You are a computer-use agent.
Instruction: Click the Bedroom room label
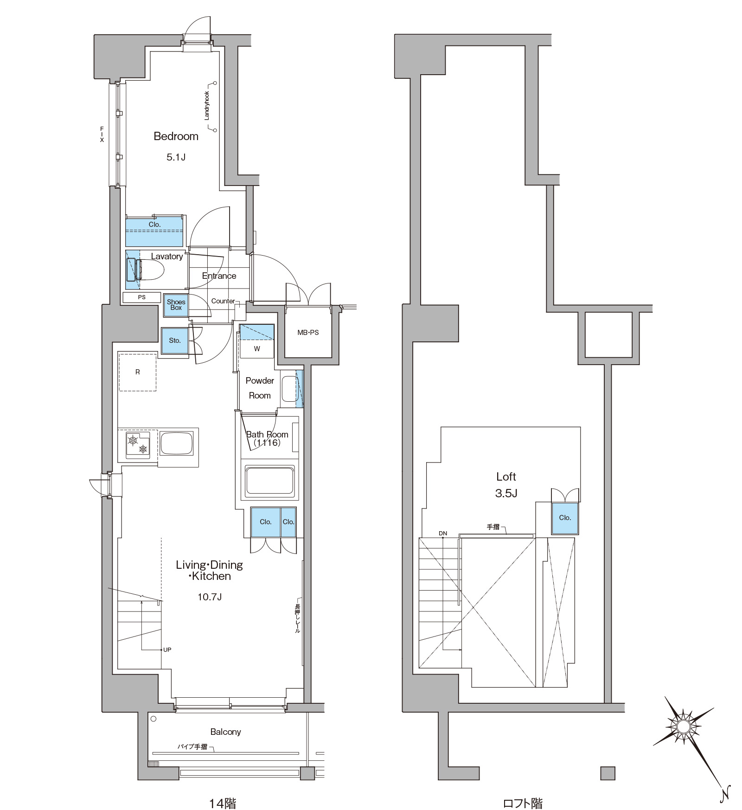tap(176, 136)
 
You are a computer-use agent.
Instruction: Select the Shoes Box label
tap(176, 305)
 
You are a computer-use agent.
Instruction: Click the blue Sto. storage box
tap(175, 341)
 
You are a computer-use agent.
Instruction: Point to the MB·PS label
tap(308, 333)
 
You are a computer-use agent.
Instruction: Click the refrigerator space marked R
tap(137, 372)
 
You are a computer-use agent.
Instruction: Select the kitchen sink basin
tap(176, 444)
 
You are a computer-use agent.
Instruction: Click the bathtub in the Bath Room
tap(269, 481)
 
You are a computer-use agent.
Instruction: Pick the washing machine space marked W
tap(257, 348)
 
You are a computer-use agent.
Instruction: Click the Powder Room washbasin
tap(289, 389)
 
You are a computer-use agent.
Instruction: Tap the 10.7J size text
tap(210, 597)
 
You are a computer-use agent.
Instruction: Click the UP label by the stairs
tap(167, 650)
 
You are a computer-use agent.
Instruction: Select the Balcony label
tap(225, 732)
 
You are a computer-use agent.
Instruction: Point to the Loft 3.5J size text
tap(506, 493)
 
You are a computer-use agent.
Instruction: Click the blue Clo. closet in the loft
tap(565, 518)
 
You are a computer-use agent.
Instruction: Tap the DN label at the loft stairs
tap(443, 534)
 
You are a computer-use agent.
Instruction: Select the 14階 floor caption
tap(223, 803)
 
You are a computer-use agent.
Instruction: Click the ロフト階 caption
tap(523, 803)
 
